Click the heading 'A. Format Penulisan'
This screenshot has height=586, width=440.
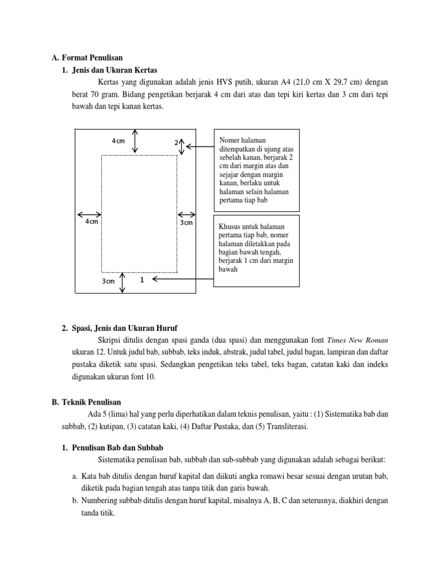pyautogui.click(x=87, y=57)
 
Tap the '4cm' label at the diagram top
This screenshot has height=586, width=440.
pyautogui.click(x=118, y=141)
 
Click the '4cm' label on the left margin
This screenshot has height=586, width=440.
pyautogui.click(x=92, y=221)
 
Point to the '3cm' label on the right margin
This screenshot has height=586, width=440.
pyautogui.click(x=186, y=222)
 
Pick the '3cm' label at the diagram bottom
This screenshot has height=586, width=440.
pyautogui.click(x=108, y=281)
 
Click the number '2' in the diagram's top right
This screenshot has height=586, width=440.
pyautogui.click(x=176, y=142)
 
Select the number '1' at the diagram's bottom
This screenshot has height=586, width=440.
pyautogui.click(x=141, y=280)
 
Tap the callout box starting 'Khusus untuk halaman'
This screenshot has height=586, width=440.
pyautogui.click(x=256, y=250)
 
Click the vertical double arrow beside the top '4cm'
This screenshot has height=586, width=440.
pyautogui.click(x=135, y=141)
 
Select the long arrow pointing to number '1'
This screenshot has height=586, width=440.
pyautogui.click(x=183, y=280)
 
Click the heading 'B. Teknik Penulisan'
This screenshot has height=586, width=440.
pyautogui.click(x=87, y=402)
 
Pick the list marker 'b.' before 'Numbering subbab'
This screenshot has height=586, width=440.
pyautogui.click(x=76, y=500)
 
